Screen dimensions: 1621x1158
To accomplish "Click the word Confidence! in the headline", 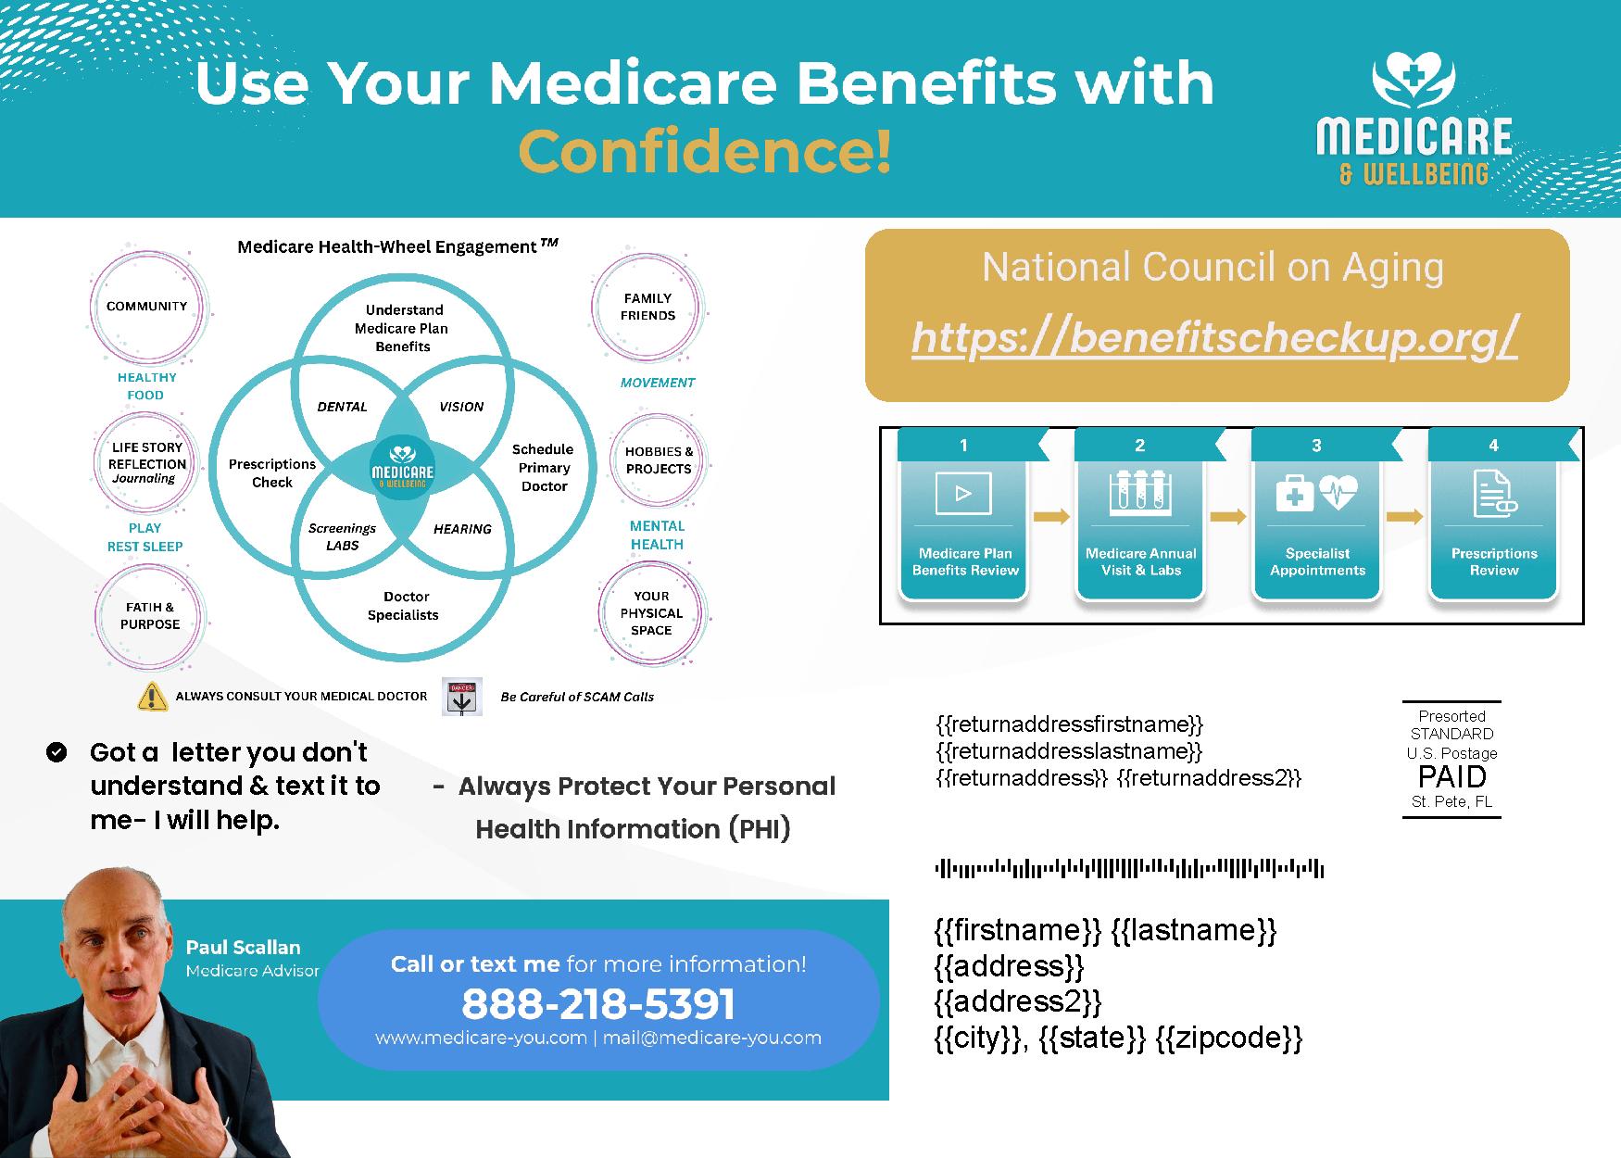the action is tap(705, 151).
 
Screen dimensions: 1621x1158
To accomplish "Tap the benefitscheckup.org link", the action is tap(1214, 337).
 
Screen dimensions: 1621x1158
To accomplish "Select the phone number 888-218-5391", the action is tap(598, 1003).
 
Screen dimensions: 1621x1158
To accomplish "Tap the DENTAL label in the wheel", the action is tap(342, 407).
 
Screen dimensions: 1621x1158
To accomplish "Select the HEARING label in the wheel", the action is tap(462, 529).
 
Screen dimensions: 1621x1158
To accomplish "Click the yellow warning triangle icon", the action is tap(152, 697).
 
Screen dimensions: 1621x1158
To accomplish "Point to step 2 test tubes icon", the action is tap(1140, 493).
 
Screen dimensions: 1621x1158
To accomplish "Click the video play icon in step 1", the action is tap(963, 493).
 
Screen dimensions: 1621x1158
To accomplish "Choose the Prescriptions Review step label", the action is tap(1494, 561).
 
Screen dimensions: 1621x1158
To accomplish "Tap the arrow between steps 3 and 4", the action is tap(1404, 517).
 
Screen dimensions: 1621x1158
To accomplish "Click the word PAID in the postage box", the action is tap(1451, 776).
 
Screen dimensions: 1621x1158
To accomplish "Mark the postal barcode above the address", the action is tap(1129, 869).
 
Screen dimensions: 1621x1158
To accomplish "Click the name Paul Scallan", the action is tap(243, 947).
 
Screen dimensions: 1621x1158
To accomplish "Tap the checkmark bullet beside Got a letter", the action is tap(57, 751).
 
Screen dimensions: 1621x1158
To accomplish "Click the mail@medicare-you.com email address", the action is tap(711, 1038).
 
